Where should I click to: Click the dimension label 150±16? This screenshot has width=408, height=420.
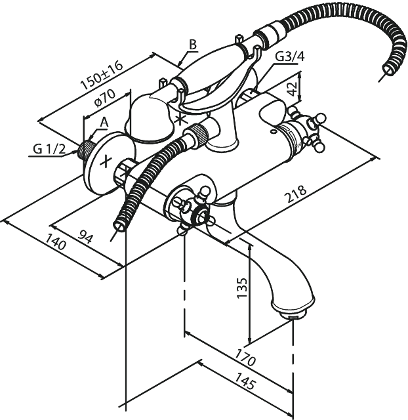click(x=102, y=75)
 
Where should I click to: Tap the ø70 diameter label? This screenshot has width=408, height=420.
click(x=105, y=97)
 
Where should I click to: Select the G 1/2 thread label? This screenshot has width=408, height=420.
click(x=49, y=149)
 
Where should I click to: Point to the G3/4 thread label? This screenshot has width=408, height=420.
click(x=290, y=56)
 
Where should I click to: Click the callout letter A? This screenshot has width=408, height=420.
click(x=104, y=123)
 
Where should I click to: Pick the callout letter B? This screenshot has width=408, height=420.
click(x=193, y=45)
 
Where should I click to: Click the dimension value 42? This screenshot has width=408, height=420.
click(x=292, y=89)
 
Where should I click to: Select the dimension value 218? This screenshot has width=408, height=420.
click(x=296, y=194)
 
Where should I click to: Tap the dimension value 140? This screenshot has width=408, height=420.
click(x=55, y=241)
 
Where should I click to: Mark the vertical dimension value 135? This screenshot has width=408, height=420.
click(x=242, y=287)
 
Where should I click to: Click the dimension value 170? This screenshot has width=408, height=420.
click(x=245, y=358)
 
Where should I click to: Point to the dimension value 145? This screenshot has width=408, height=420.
click(x=245, y=381)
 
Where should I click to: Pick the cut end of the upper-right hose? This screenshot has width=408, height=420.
click(x=389, y=70)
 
